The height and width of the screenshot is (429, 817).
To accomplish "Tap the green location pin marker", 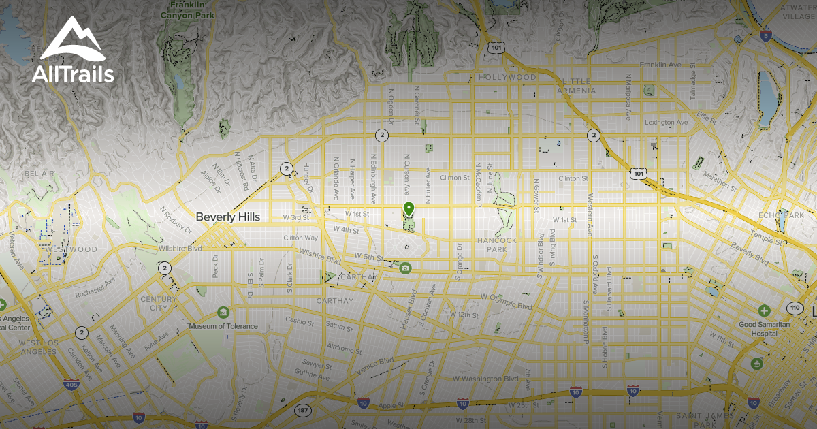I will (408, 209).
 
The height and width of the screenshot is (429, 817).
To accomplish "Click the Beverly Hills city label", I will (227, 217).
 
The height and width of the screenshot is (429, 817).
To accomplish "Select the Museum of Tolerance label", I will (223, 326).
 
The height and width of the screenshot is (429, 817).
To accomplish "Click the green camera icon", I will (405, 268).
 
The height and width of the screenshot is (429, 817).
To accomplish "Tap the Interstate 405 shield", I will (71, 385).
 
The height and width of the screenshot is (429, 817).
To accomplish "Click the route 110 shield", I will (795, 308).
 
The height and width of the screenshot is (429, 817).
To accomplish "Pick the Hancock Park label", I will (497, 244).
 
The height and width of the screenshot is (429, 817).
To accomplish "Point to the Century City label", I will (153, 303).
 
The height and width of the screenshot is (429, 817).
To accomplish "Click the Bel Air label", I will (38, 174).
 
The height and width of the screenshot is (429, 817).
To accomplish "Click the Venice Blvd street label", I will (374, 366).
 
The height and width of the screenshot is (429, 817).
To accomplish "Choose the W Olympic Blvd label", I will (504, 298).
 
